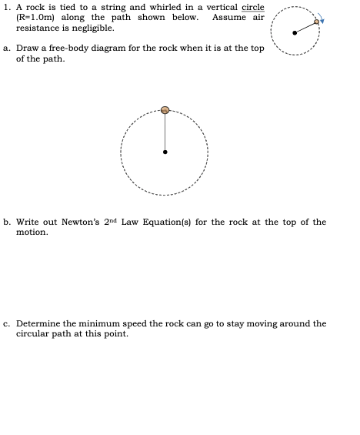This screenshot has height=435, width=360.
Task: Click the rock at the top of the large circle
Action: click(x=165, y=110)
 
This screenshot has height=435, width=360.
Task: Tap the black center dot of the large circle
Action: click(x=165, y=152)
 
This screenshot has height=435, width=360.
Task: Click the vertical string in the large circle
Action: click(x=165, y=132)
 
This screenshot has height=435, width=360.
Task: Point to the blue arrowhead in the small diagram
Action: click(x=322, y=21)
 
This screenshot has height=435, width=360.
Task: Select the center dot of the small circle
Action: click(x=295, y=33)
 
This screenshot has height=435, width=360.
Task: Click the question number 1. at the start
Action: click(x=8, y=7)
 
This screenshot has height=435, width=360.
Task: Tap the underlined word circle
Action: click(x=252, y=7)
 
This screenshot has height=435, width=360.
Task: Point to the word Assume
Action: click(x=228, y=17)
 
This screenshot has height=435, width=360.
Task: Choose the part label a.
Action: click(x=7, y=48)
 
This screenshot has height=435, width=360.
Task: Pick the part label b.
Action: click(x=7, y=222)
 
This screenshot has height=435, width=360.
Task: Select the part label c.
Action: click(x=7, y=324)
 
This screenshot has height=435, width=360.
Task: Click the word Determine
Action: click(x=39, y=324)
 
